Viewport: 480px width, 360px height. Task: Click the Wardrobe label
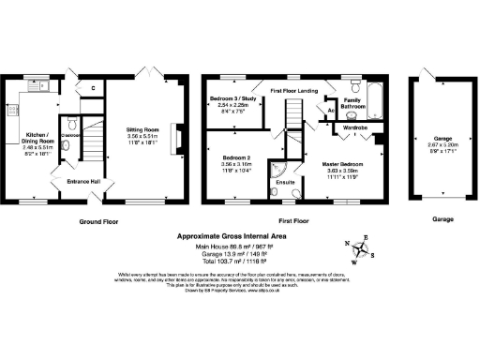coord(355,127)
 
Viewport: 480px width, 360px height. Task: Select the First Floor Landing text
coord(291,90)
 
